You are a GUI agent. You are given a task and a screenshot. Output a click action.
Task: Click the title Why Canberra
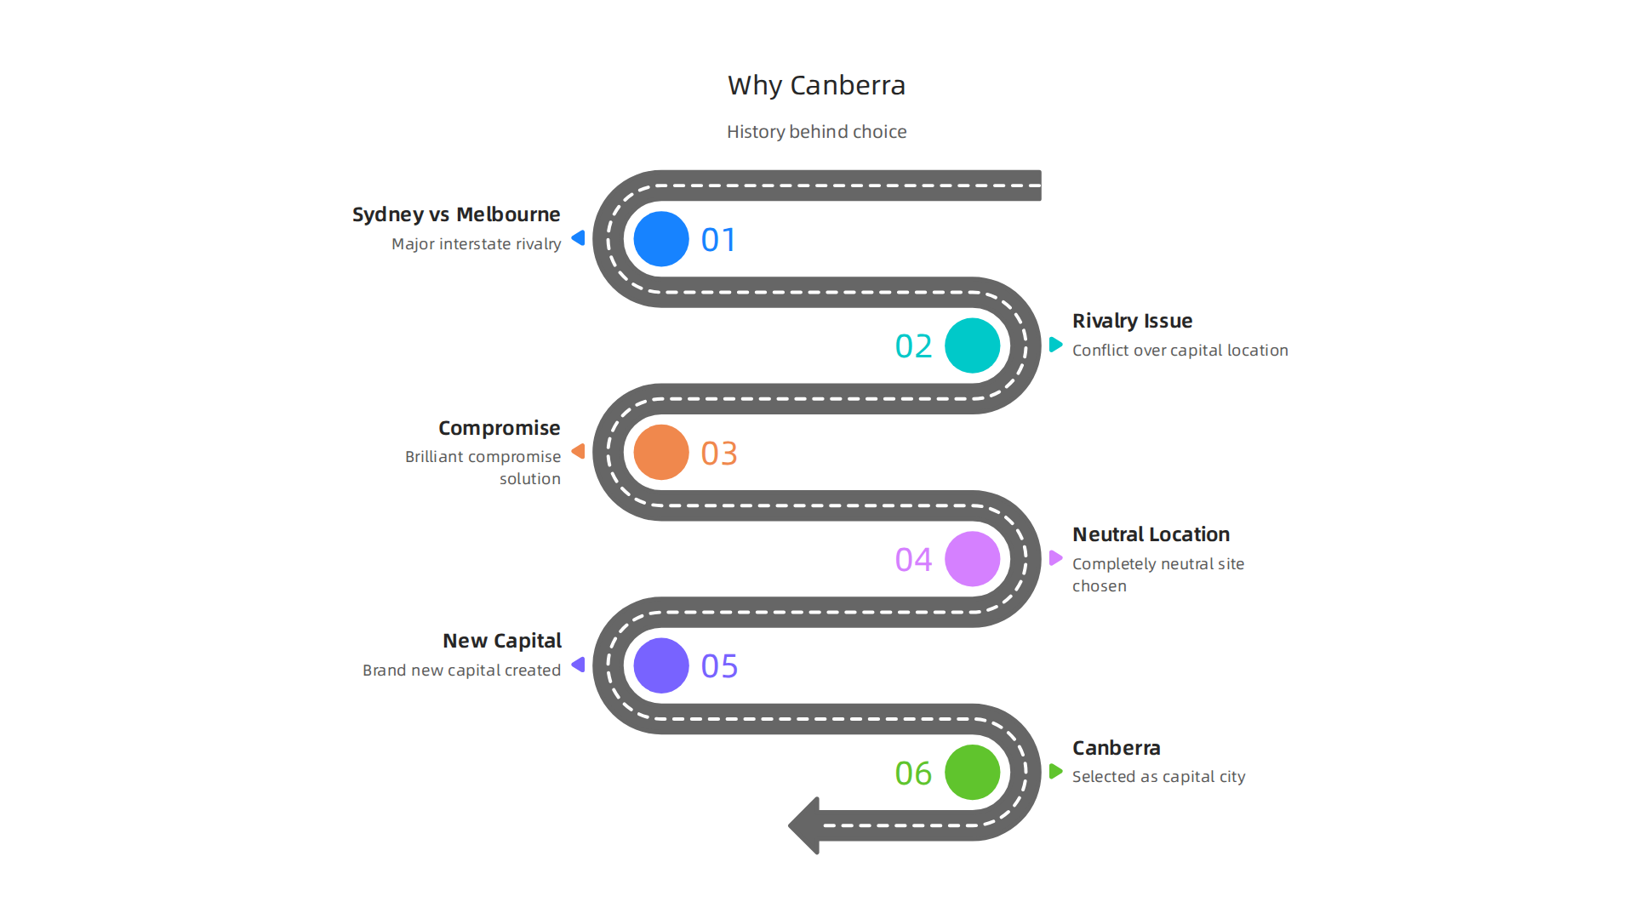tap(816, 85)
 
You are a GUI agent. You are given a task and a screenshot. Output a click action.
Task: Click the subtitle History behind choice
tap(816, 132)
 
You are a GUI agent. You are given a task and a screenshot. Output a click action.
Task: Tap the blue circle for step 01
tap(661, 239)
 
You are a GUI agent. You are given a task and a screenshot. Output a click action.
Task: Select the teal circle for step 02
tap(972, 345)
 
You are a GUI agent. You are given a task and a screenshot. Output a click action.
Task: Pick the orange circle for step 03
tap(661, 452)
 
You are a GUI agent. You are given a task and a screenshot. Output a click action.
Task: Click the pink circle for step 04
tap(972, 559)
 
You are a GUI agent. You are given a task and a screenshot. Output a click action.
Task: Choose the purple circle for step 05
tap(661, 665)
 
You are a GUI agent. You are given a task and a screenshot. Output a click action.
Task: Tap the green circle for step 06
tap(972, 772)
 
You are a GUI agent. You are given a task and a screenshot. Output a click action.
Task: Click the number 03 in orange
tap(719, 454)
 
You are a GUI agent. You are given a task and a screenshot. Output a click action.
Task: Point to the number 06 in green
tap(913, 773)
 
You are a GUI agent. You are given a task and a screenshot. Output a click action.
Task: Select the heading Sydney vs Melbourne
tap(456, 214)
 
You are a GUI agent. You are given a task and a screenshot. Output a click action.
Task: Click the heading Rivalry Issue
tap(1132, 321)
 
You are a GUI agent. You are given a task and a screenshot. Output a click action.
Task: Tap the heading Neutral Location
tap(1151, 534)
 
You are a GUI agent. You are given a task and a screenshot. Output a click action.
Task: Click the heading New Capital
tap(501, 641)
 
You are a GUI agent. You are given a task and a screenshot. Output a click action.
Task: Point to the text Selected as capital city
tap(1158, 777)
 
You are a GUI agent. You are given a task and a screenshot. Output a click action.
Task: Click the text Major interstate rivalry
tap(476, 244)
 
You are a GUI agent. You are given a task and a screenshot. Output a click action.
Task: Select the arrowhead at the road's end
tap(805, 825)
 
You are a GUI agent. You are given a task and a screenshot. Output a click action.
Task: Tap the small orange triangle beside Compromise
tap(579, 451)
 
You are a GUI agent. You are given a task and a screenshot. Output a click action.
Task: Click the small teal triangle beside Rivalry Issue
tap(1055, 345)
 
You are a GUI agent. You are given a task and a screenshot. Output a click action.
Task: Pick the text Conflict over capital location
tap(1180, 351)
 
